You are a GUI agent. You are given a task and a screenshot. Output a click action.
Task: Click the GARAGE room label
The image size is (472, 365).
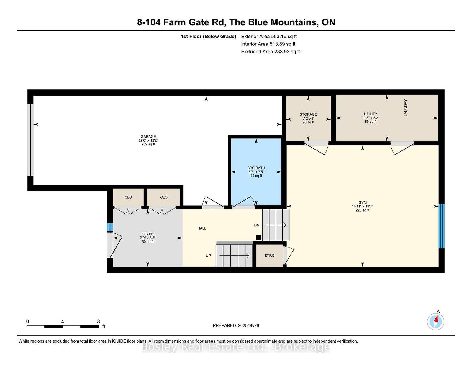coord(148,136)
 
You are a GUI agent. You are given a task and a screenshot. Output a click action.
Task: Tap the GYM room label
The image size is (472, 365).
coord(362,202)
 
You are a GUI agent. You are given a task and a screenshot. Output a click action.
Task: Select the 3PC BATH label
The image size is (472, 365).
coord(256,168)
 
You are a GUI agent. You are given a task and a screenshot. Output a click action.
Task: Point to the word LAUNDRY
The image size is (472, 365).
coord(405,108)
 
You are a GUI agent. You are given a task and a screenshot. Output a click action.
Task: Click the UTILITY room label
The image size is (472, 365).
coord(371,114)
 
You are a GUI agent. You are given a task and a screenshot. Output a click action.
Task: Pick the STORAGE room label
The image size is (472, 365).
coord(308,114)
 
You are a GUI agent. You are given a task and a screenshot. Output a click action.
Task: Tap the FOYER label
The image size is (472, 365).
coord(148,234)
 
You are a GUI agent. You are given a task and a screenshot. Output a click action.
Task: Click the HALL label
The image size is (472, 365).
coord(201,228)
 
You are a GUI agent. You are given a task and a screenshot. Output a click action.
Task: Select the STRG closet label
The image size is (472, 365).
coord(269,256)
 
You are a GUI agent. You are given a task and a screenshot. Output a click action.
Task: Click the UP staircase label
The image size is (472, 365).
coord(208,256)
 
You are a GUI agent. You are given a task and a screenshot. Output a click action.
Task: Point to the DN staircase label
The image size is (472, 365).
coord(257,225)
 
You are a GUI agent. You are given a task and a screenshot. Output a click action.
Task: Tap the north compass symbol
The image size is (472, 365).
coord(435,321)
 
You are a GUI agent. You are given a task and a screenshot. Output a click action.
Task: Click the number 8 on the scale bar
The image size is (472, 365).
coord(99,321)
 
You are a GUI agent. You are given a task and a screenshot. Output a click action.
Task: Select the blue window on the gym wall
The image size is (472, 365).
coord(441,226)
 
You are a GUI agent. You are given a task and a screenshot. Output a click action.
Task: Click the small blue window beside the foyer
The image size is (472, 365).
coord(110,227)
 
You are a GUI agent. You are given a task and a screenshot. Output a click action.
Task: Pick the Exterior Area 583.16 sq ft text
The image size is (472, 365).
coord(269,37)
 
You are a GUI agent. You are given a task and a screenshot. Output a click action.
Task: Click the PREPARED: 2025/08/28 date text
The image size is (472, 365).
coord(236,325)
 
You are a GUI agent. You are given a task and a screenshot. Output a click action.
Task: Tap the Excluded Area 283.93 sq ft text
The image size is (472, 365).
coord(271,52)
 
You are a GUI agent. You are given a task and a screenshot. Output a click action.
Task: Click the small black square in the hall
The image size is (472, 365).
coord(258,238)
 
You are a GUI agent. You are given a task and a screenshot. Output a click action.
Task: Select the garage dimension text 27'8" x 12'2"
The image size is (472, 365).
coord(148,140)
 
